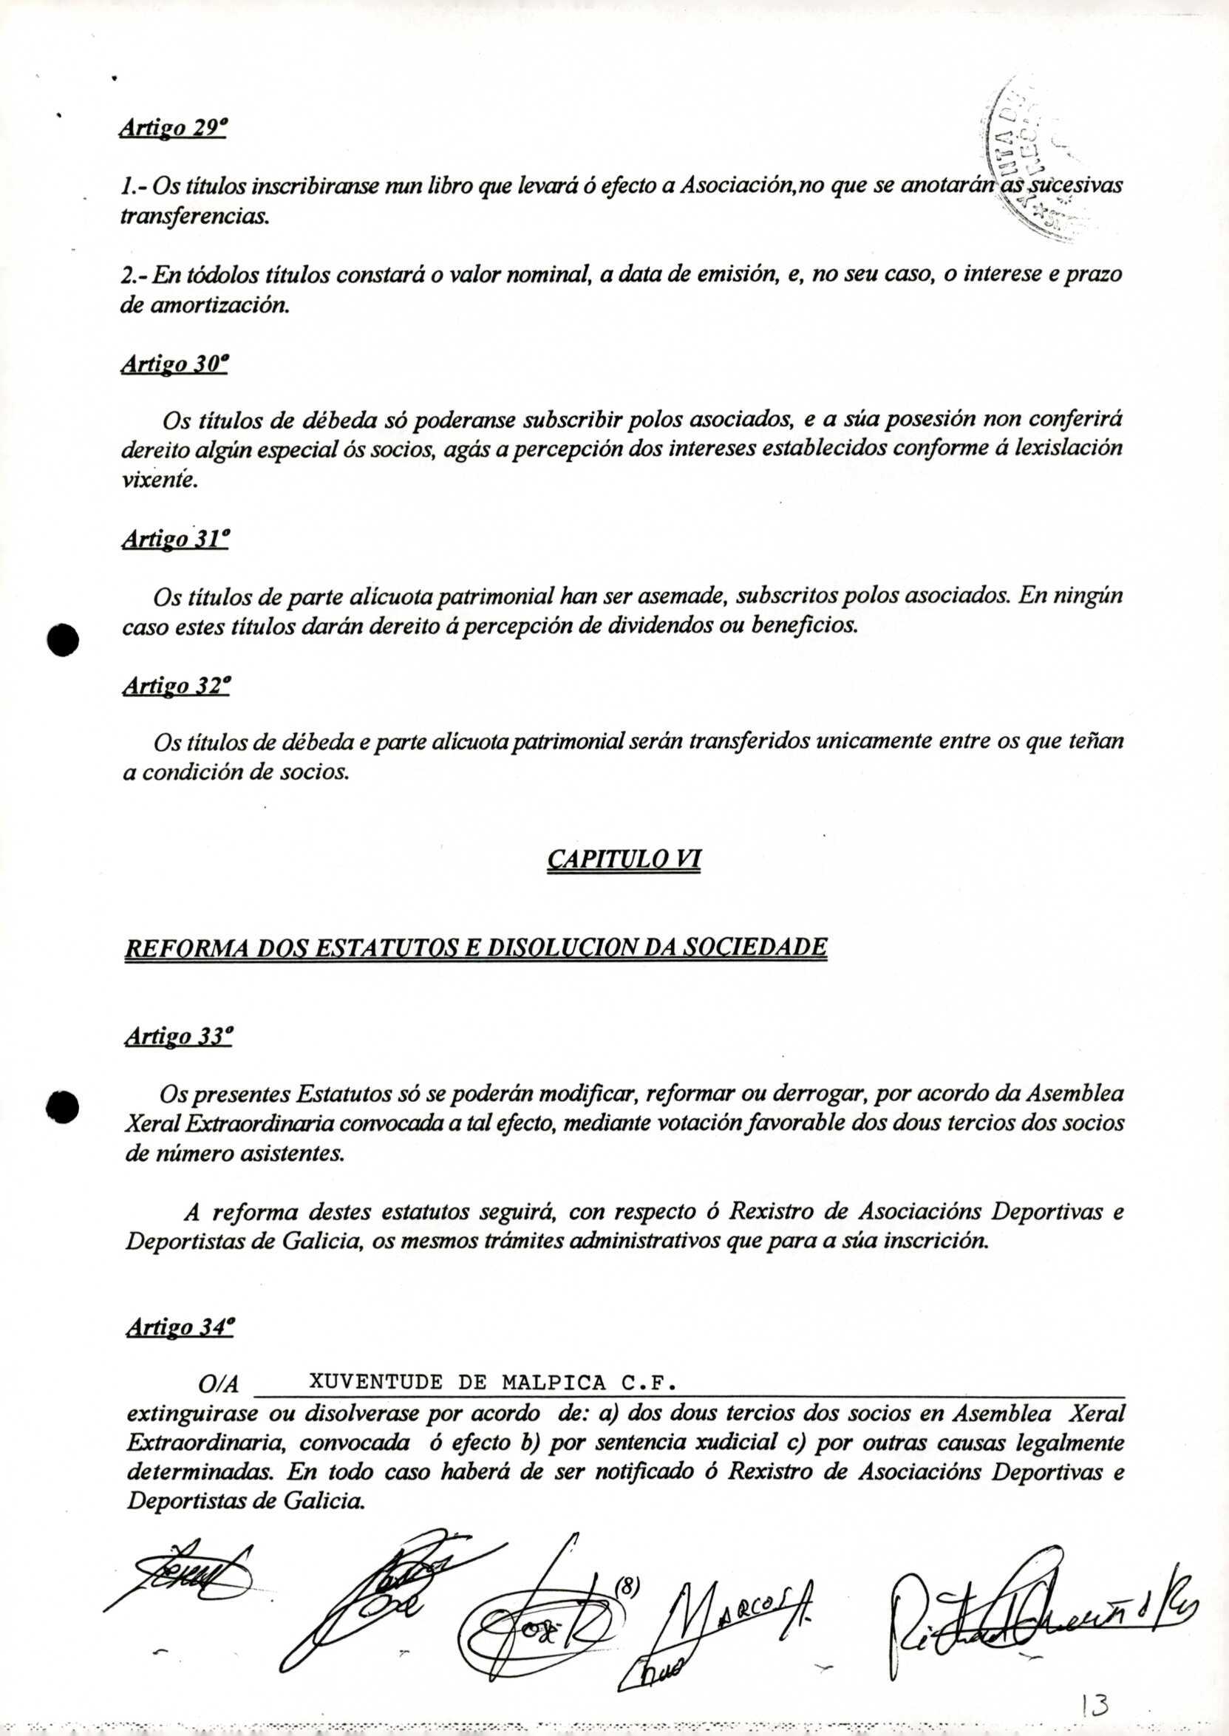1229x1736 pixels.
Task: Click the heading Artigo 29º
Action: pos(173,129)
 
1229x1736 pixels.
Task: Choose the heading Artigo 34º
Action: pos(180,1327)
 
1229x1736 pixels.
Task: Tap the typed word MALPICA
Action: pos(555,1383)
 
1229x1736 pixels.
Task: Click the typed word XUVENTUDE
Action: pos(377,1383)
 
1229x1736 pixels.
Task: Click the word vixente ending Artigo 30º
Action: pos(159,480)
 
